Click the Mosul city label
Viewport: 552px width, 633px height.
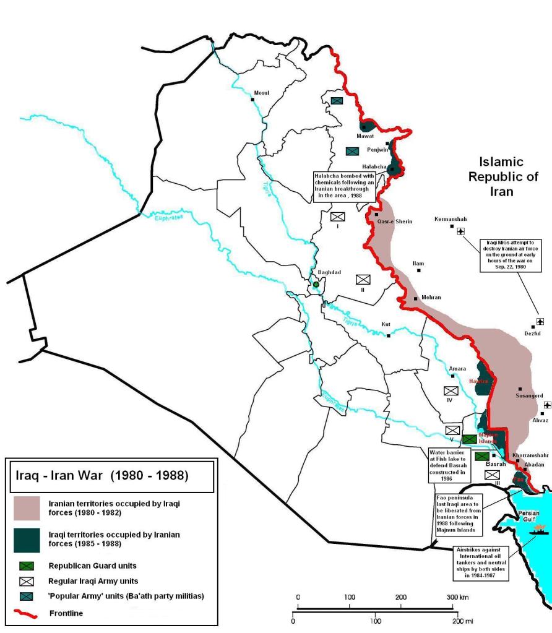(262, 93)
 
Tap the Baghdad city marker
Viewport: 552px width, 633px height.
(316, 284)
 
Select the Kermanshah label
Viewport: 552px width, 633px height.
(451, 219)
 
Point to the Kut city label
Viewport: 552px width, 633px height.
(386, 324)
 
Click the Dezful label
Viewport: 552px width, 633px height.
(532, 334)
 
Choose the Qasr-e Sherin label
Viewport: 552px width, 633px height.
(394, 222)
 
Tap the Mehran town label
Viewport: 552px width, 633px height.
(431, 298)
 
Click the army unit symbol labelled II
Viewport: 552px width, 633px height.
(363, 280)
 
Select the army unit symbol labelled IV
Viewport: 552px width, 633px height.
(451, 391)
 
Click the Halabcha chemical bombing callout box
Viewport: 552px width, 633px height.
(343, 184)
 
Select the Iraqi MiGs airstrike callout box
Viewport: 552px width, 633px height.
(513, 255)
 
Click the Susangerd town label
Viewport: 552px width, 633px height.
(529, 395)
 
